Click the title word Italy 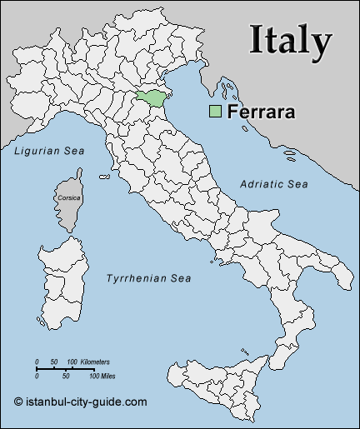tap(291, 40)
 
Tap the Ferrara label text tap(260, 112)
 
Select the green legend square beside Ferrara tap(215, 112)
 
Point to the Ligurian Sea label tap(49, 151)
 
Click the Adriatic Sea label tap(274, 183)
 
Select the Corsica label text tap(70, 198)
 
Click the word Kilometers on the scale tap(95, 362)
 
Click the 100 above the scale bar tap(72, 362)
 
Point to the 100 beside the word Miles tap(82, 377)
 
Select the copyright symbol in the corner tap(17, 401)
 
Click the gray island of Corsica tap(70, 208)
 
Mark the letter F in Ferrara tap(232, 112)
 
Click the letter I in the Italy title tap(256, 40)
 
